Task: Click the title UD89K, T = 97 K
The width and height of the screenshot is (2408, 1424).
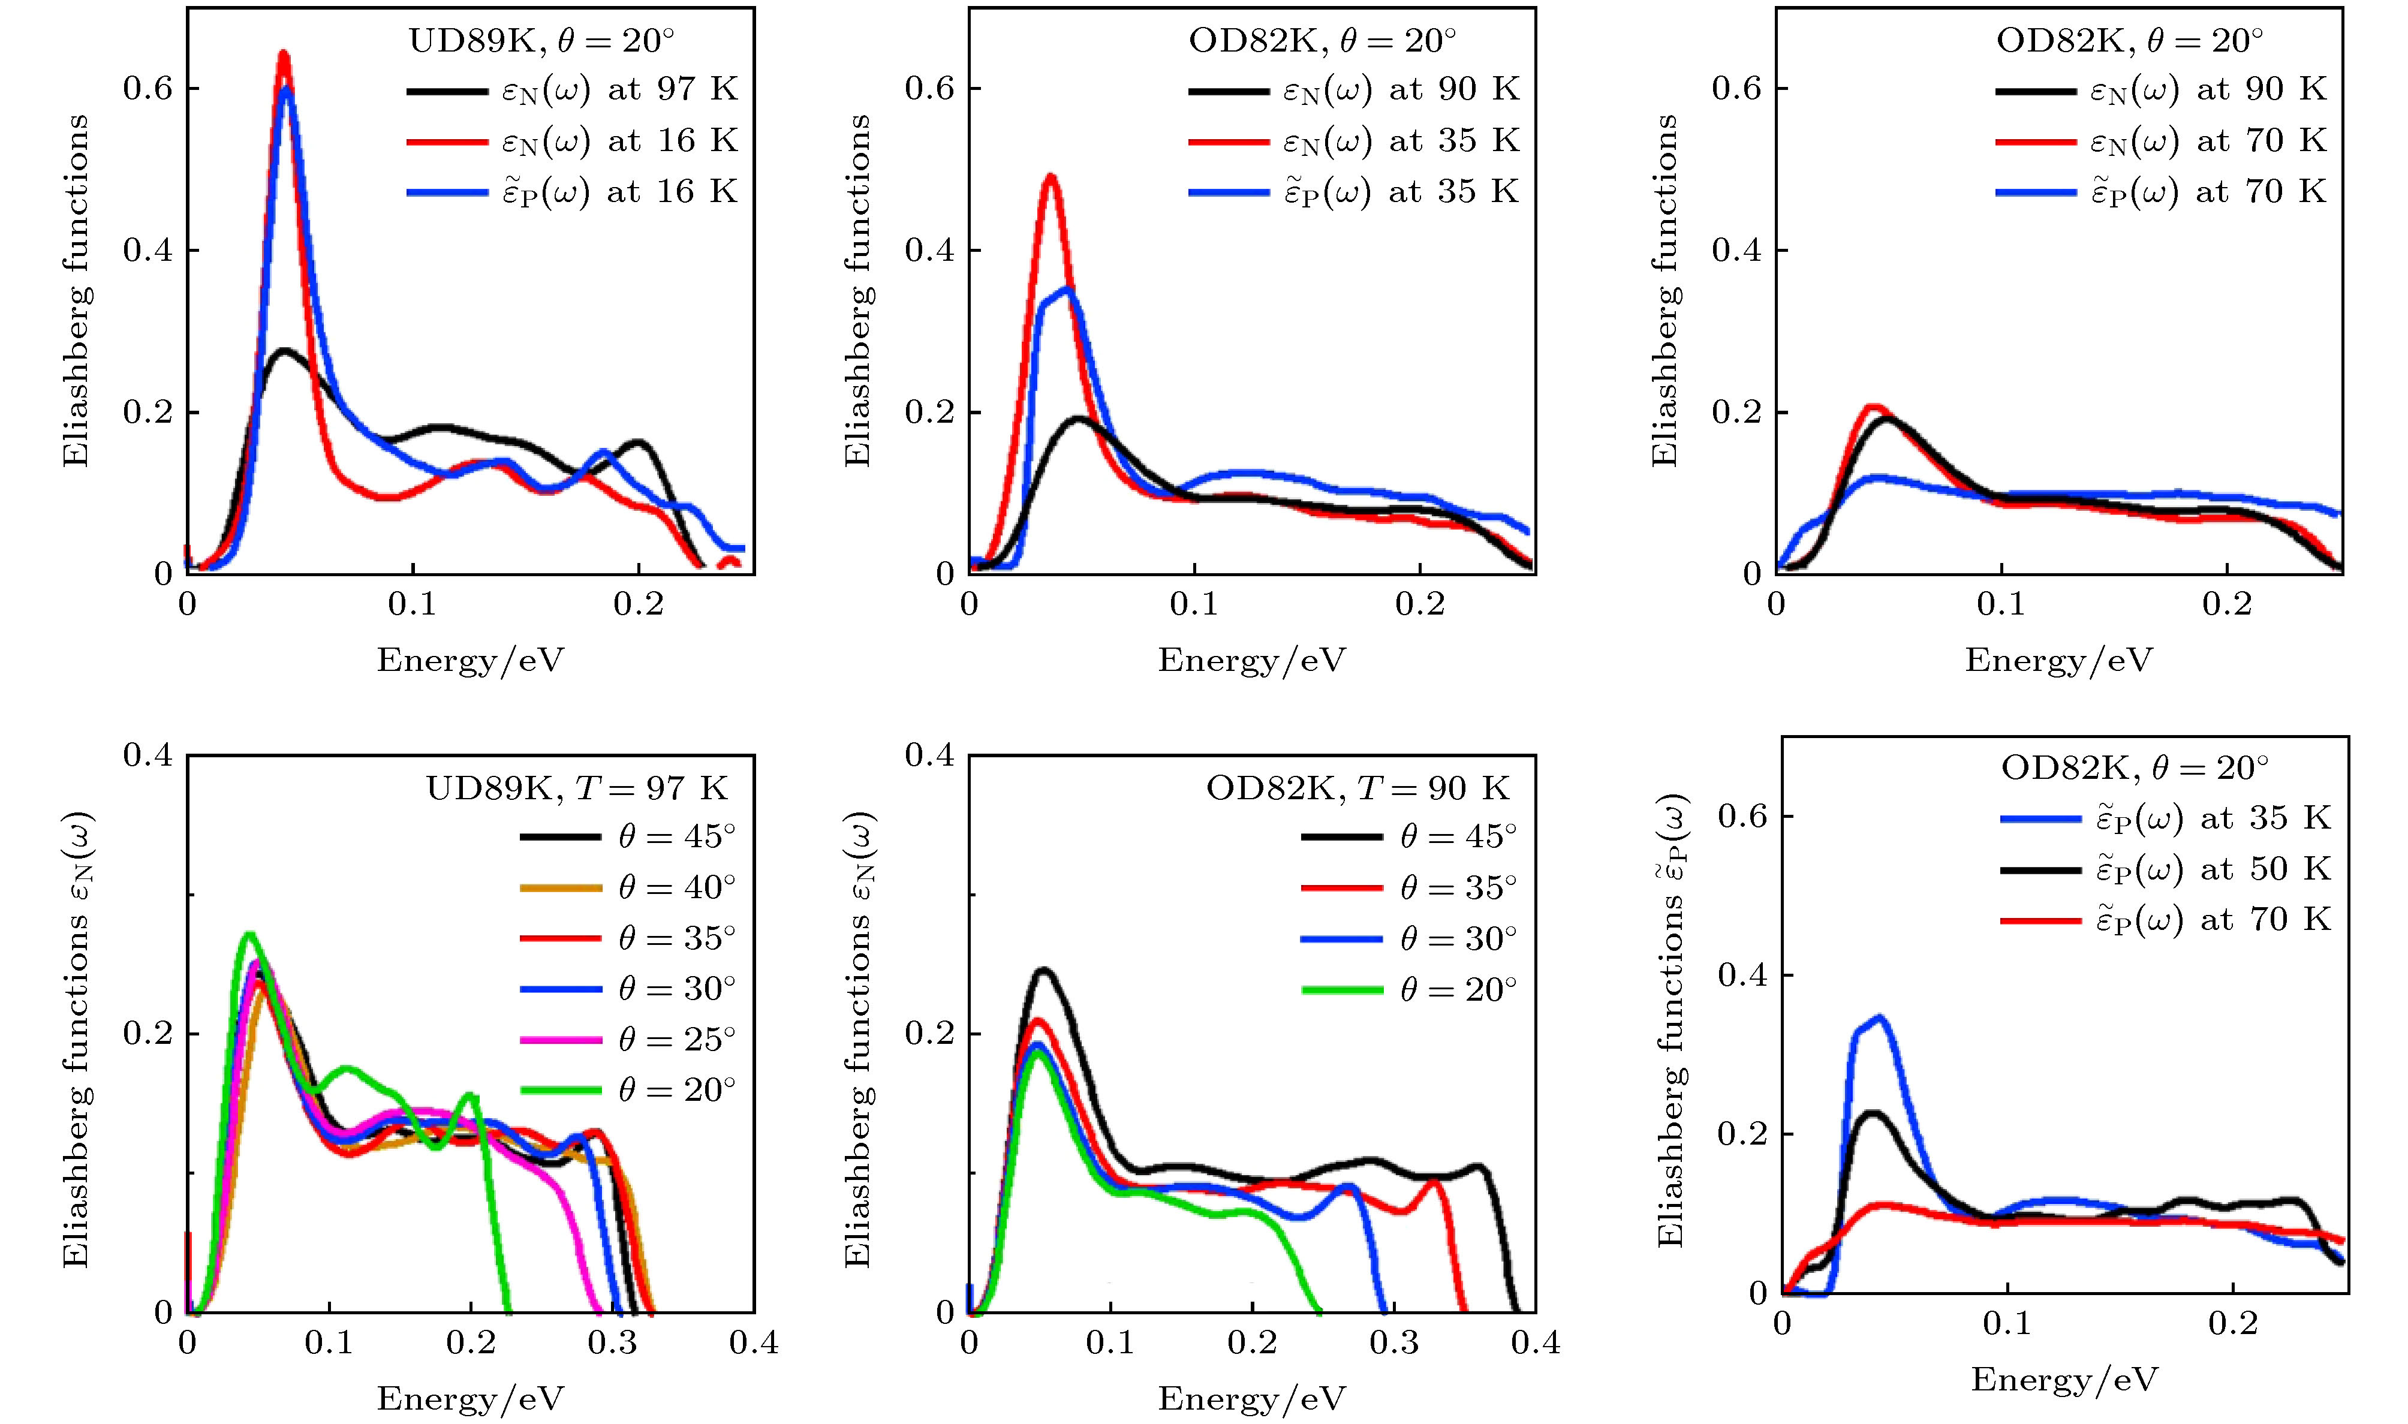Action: click(x=577, y=789)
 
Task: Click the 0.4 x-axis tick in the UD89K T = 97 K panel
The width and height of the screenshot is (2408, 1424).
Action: click(x=753, y=1341)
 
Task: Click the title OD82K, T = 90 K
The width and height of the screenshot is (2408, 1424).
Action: click(x=1357, y=789)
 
